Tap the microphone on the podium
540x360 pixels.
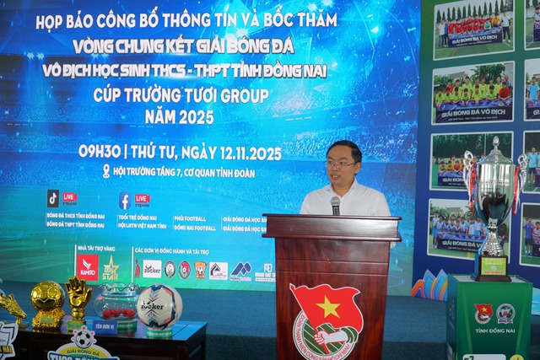pos(335,205)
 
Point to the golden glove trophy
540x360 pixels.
pos(78,298)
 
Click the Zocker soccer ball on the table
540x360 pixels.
pos(159,305)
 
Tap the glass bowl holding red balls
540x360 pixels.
pos(116,302)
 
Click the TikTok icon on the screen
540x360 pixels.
pos(53,198)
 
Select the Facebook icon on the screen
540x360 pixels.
pos(124,201)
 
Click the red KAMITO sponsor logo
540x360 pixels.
pos(87,266)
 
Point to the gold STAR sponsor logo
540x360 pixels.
pos(111,268)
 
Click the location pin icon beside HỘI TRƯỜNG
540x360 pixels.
pos(106,170)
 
